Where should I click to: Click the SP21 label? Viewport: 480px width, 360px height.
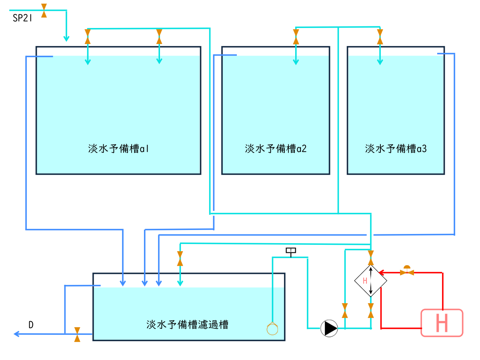point(22,18)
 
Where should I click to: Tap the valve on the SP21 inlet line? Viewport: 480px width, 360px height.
point(44,10)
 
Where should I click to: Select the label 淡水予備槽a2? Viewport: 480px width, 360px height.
point(276,149)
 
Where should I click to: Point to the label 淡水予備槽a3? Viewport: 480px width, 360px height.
point(396,149)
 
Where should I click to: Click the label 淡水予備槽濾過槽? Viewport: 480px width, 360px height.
point(188,324)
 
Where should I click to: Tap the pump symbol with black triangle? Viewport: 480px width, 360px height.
point(329,328)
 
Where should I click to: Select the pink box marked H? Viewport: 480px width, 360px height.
point(442,323)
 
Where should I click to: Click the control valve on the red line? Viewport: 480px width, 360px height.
point(407,272)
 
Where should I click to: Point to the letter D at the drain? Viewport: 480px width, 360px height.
point(31,325)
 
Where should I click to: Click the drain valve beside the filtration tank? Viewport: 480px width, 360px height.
point(77,334)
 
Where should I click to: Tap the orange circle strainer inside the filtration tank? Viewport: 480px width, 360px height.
point(272,328)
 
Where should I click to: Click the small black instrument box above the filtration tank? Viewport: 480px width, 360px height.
point(291,251)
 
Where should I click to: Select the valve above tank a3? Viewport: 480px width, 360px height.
point(380,37)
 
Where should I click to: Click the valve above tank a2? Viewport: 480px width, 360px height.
point(296,37)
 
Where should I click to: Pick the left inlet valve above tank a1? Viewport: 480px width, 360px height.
point(88,37)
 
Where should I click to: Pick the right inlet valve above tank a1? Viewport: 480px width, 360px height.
point(159,37)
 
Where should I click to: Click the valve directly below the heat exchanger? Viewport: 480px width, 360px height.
point(371,310)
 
